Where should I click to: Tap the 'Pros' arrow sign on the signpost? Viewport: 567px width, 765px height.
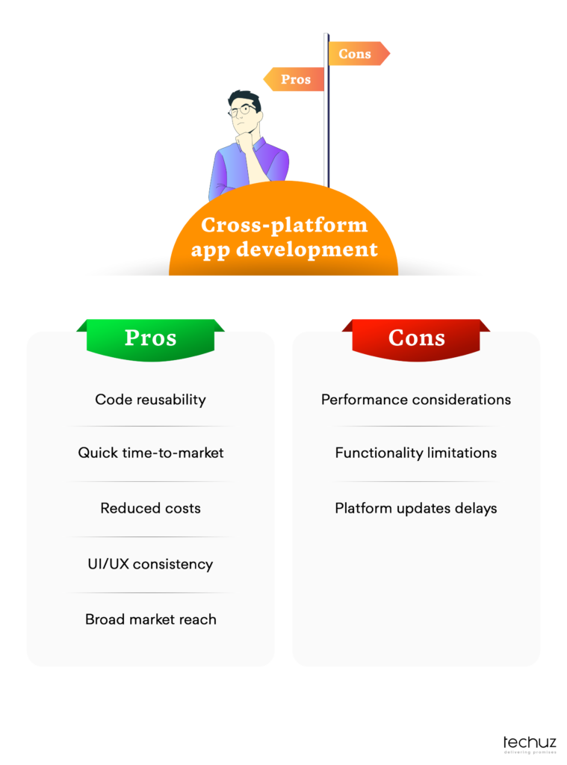294,79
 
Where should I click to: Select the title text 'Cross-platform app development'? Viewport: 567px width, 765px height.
284,237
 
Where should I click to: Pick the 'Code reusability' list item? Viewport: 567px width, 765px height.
150,400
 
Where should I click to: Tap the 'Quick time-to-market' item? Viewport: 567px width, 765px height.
150,453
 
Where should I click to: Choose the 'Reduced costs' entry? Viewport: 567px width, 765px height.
150,508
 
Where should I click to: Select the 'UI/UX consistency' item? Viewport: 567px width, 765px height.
150,564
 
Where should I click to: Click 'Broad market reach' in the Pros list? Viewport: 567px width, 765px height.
150,619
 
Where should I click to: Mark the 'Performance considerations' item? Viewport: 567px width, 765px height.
416,400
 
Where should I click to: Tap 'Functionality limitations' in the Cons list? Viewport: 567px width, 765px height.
416,453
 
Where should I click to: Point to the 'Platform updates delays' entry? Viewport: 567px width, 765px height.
416,508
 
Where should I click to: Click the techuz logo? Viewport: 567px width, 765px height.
529,743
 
